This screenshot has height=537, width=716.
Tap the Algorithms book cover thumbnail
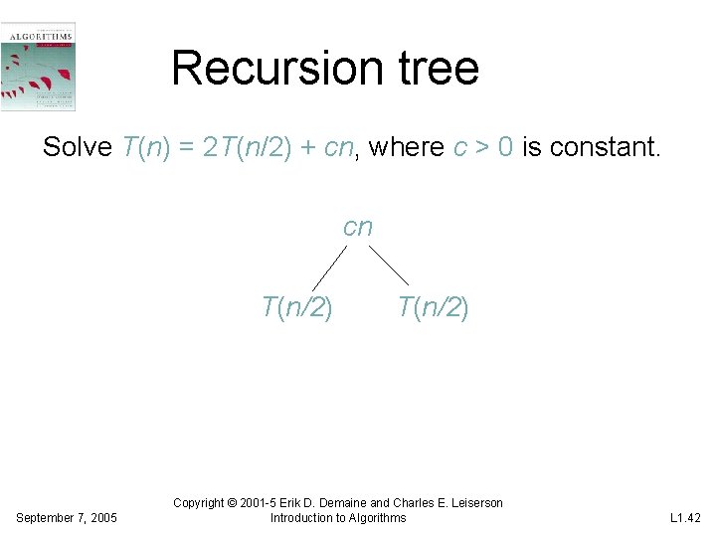coord(38,66)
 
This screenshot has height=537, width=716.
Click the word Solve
coord(78,148)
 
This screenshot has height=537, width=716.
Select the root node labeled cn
coord(357,228)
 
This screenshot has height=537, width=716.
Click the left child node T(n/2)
coord(296,308)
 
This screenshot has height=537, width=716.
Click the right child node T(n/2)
coord(433,308)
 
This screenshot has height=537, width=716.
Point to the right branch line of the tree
coord(388,266)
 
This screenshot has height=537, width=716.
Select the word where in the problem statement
coord(406,148)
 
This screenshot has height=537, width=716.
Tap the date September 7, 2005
coord(68,518)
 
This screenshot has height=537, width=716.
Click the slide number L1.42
coord(686,518)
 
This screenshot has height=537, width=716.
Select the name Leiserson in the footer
coord(470,503)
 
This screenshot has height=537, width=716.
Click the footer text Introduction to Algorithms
coord(338,518)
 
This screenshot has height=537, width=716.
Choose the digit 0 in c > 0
coord(505,148)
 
